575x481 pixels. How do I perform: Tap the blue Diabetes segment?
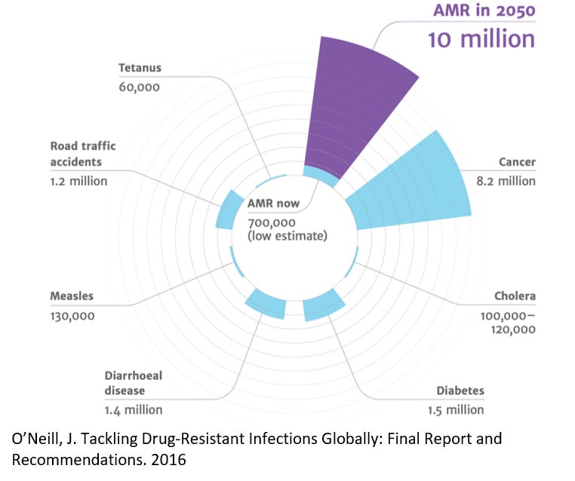click(324, 308)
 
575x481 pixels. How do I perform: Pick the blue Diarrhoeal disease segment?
click(266, 304)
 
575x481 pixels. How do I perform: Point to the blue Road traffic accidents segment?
click(225, 212)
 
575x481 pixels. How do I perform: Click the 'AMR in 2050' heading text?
click(483, 11)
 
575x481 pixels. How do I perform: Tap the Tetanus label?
click(140, 68)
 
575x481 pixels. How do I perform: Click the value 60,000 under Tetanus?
click(140, 87)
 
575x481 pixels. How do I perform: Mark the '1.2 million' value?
click(78, 181)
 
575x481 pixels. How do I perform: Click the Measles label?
click(72, 296)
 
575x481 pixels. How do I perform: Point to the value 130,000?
click(72, 316)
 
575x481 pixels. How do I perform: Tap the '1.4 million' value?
click(133, 410)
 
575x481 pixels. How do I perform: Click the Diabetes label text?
click(460, 391)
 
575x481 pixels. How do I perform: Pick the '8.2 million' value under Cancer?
click(506, 181)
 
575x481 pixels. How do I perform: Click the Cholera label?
click(515, 296)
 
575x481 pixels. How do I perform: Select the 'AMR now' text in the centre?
click(273, 204)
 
